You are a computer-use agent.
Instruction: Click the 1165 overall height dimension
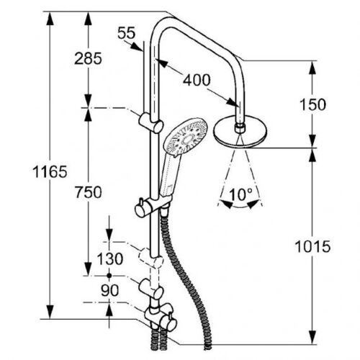click(50, 172)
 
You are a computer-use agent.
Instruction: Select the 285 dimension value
click(88, 58)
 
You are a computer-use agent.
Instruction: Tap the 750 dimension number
click(88, 192)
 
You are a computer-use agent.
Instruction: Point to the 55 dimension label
click(127, 33)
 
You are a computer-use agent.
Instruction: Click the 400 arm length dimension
click(197, 80)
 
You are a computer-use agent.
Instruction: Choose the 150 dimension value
click(312, 104)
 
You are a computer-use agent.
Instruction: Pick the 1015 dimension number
click(312, 246)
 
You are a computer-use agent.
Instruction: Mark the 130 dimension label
click(110, 259)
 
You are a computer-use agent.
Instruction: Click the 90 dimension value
click(109, 290)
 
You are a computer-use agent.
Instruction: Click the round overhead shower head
click(240, 132)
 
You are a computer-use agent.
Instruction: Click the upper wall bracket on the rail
click(151, 122)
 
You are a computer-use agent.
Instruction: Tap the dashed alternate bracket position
click(151, 258)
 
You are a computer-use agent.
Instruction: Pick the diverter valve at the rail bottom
click(161, 316)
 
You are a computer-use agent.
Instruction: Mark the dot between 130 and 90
click(109, 276)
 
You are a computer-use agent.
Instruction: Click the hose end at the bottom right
click(208, 346)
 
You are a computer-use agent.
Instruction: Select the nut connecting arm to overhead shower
click(240, 128)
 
